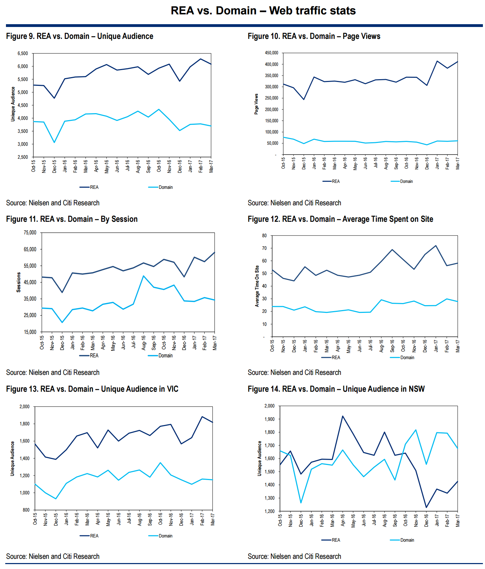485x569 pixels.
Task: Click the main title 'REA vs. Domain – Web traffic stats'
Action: [x=263, y=11]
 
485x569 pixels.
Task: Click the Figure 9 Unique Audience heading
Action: [x=80, y=36]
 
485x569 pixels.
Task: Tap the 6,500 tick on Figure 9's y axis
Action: [x=23, y=53]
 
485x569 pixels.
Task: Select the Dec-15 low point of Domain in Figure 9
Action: [x=54, y=142]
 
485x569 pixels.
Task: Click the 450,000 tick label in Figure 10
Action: [x=271, y=53]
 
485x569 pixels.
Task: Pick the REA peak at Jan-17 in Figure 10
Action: [x=437, y=61]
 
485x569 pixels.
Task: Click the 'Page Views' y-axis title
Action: [x=256, y=104]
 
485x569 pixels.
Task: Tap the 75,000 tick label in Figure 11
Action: [x=30, y=233]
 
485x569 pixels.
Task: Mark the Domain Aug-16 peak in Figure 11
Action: [x=143, y=276]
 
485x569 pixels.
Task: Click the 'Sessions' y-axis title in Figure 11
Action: [x=19, y=282]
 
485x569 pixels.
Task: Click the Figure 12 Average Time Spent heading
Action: [x=340, y=219]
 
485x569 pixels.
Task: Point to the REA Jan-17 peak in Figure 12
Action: [x=436, y=246]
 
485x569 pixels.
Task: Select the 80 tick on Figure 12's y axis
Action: [x=264, y=235]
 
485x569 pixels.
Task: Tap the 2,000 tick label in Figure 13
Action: [x=24, y=406]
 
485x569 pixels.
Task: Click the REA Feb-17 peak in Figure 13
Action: [x=202, y=417]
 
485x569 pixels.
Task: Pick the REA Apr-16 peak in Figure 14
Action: [x=343, y=416]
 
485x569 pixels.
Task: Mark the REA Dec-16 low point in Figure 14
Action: [x=426, y=507]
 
